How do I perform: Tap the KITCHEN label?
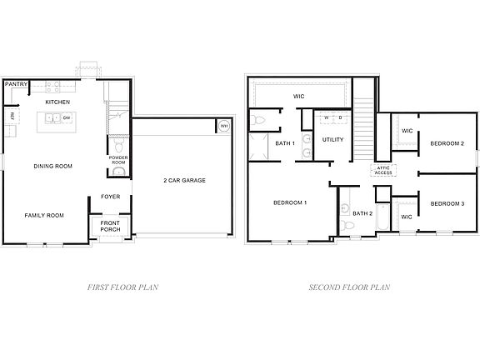tap(57, 102)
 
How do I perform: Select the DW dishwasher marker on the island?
tap(67, 118)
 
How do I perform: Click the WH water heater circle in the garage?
tap(223, 127)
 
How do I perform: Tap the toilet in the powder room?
tap(118, 172)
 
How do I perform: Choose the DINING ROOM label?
tap(52, 166)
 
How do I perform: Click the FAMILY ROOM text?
tap(44, 215)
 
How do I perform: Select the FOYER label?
tap(109, 197)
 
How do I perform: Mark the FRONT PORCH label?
tap(110, 227)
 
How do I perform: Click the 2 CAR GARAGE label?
tap(184, 180)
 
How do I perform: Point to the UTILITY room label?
tap(333, 140)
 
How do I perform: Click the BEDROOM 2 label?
tap(447, 143)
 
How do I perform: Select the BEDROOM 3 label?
tap(447, 203)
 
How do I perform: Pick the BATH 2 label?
tap(362, 213)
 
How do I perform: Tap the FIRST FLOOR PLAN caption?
tap(123, 287)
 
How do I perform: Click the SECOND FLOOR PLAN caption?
tap(349, 287)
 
